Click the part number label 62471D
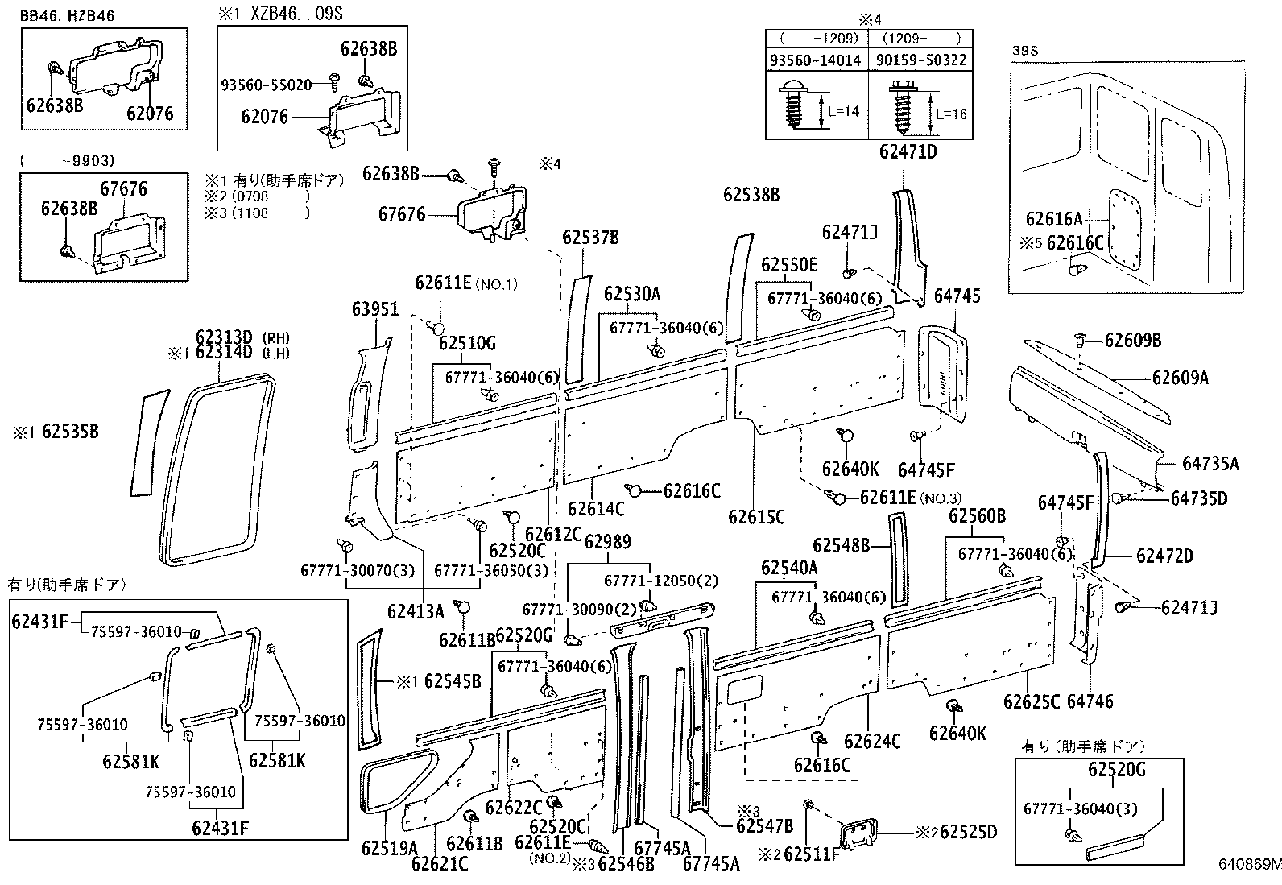click(908, 151)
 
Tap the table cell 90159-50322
click(920, 60)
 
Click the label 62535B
click(69, 432)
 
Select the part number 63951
click(374, 309)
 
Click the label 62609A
click(1179, 377)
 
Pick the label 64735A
click(1210, 463)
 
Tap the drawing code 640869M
click(1248, 866)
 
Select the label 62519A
click(389, 848)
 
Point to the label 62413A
click(415, 610)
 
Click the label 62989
click(607, 542)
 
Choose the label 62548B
click(841, 546)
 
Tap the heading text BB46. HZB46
click(67, 14)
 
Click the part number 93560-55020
click(266, 84)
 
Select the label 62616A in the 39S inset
click(1053, 218)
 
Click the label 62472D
click(1164, 556)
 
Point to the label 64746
click(1090, 701)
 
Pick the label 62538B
click(751, 195)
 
